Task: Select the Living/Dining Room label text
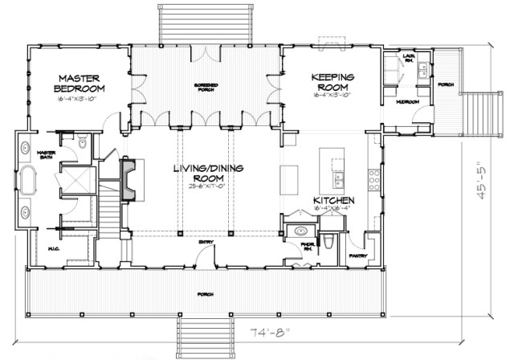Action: [206, 174]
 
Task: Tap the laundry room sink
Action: [422, 76]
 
